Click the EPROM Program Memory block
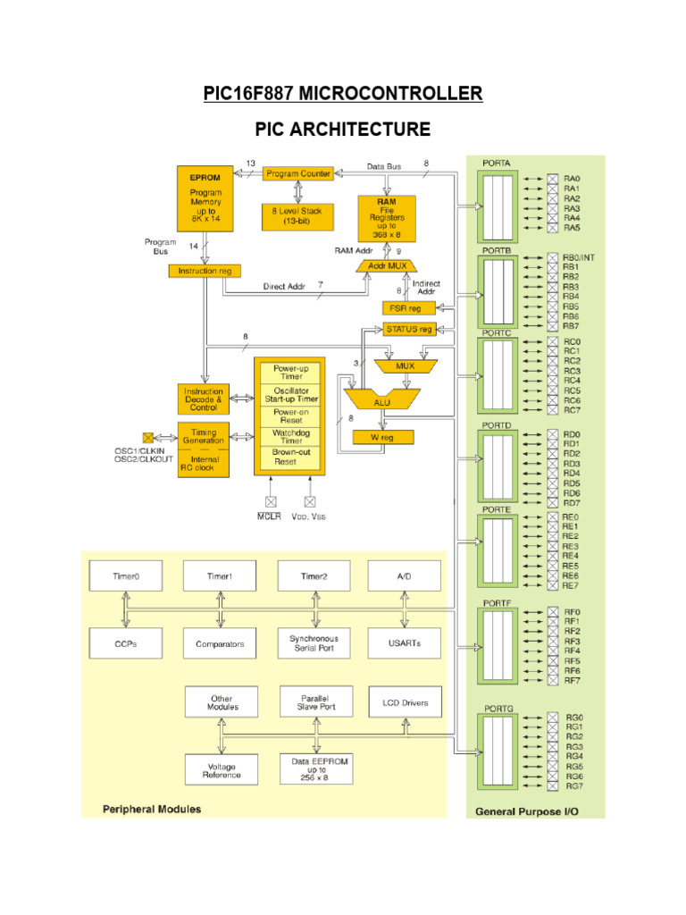click(x=205, y=197)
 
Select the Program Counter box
click(x=297, y=173)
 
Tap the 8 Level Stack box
click(x=297, y=215)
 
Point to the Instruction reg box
click(x=205, y=270)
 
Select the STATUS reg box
click(x=408, y=329)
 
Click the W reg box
click(x=382, y=437)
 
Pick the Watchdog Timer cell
click(x=290, y=436)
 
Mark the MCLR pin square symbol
click(x=270, y=501)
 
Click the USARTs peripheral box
click(x=404, y=643)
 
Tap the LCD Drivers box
click(x=404, y=702)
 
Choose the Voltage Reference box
click(x=221, y=769)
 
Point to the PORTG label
click(x=498, y=709)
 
